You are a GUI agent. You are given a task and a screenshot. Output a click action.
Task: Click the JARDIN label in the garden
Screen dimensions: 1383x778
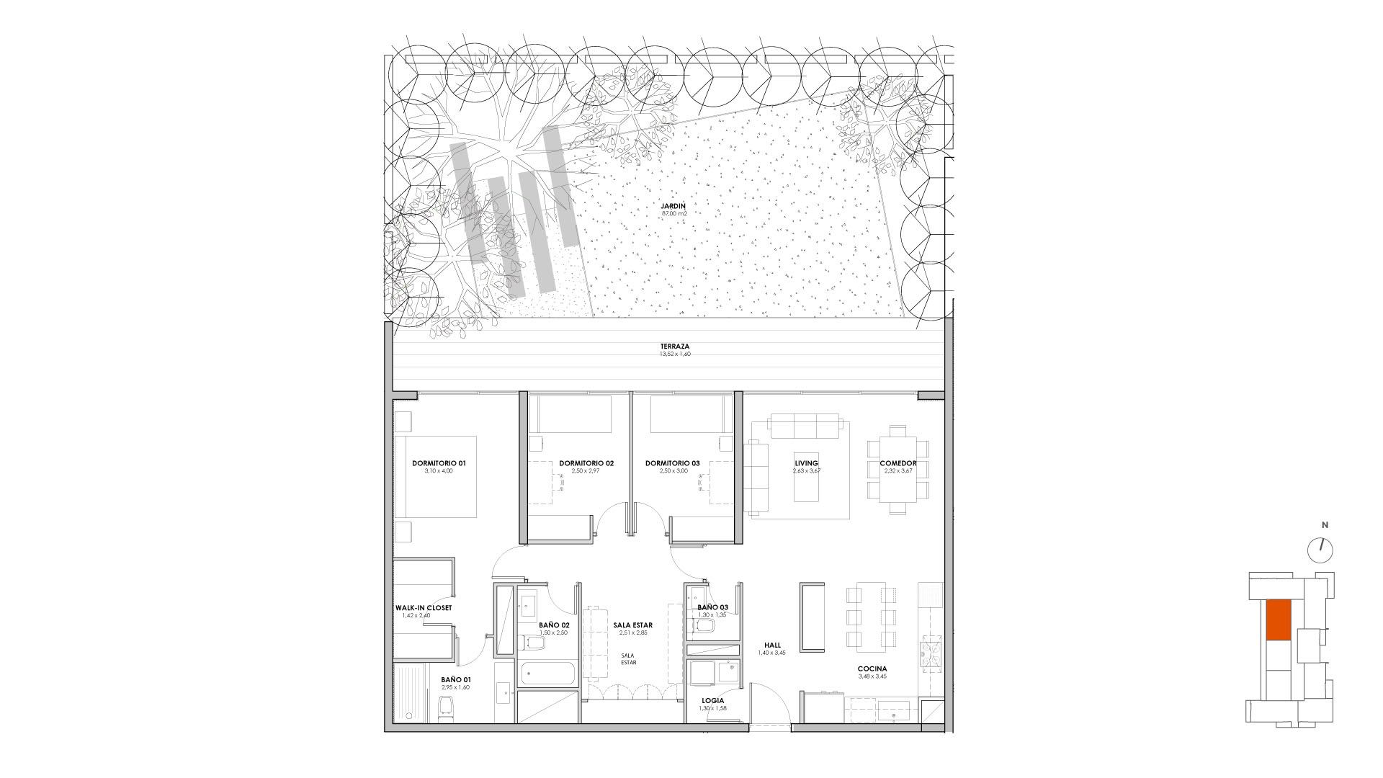674,206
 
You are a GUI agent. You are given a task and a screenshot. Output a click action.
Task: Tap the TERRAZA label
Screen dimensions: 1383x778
674,346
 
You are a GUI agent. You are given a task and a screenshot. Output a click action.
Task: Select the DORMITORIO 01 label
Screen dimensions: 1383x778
439,463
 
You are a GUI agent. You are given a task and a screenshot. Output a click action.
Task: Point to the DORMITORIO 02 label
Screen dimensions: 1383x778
586,463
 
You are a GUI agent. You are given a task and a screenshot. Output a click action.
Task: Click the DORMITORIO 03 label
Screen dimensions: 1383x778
672,463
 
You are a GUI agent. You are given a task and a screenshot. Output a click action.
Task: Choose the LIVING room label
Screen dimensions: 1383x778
806,463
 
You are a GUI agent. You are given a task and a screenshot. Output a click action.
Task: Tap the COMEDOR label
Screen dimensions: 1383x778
898,463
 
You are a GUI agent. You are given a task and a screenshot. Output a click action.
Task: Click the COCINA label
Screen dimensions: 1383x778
872,669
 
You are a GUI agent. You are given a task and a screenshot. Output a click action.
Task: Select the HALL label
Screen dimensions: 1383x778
773,645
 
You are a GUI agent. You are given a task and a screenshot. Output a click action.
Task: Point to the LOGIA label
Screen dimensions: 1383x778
712,700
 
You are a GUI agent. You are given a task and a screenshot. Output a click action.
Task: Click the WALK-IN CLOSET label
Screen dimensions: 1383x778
424,608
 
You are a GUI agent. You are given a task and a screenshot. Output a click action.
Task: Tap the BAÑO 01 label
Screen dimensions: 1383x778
455,679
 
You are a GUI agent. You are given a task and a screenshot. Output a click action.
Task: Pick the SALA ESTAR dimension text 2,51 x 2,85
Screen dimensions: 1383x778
634,632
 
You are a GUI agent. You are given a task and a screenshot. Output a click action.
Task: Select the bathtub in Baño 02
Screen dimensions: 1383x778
547,674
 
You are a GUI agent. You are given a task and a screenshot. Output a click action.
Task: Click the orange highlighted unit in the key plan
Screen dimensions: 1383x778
1278,620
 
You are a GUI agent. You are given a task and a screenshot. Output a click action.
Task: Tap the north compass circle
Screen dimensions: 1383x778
1320,551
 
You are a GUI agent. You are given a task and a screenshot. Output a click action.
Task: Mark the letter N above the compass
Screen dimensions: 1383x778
1324,524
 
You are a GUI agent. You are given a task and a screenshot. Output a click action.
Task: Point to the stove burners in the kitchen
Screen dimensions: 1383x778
931,653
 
